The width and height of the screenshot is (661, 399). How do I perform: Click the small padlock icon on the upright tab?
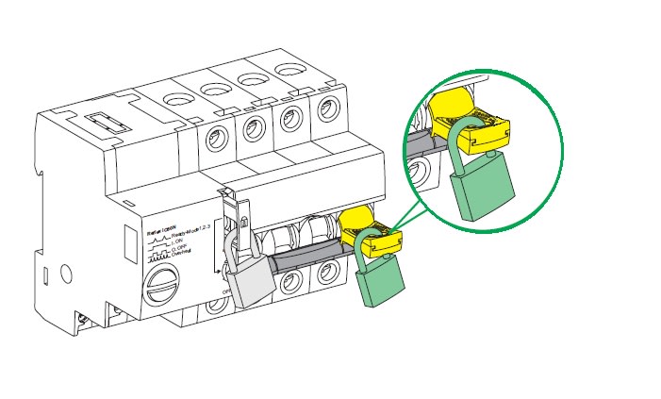tap(241, 225)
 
